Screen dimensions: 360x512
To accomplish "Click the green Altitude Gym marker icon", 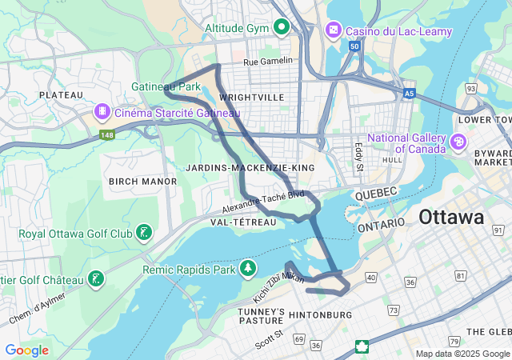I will (281, 28).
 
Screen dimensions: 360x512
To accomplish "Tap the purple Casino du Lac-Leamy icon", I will (332, 30).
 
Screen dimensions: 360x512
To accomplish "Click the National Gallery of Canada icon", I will (458, 142).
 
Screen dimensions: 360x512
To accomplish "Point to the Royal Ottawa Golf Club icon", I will (143, 233).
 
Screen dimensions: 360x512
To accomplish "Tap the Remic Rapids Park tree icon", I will (248, 267).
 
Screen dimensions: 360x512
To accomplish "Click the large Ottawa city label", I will (451, 217).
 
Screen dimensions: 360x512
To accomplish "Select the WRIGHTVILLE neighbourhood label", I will (251, 97).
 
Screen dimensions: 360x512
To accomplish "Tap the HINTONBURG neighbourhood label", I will (319, 315).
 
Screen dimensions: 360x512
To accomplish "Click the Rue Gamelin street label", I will (268, 60).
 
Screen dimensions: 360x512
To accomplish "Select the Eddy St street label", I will (358, 156).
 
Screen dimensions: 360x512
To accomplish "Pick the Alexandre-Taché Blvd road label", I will (264, 199).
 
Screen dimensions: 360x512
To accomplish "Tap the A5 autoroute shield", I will (410, 94).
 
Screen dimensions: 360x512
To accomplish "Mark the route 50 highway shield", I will (354, 47).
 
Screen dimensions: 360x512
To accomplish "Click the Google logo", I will (26, 350).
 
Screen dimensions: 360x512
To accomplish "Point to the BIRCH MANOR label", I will (142, 182).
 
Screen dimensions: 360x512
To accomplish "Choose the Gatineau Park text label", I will (166, 86).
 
